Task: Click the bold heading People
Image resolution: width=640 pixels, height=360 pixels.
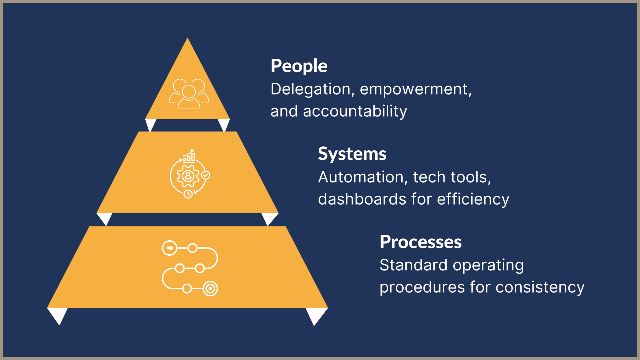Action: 299,66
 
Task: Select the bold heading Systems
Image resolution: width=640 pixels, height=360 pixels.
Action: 352,154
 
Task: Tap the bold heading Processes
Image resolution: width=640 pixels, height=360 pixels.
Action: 421,242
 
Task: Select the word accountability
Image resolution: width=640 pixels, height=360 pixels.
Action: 355,111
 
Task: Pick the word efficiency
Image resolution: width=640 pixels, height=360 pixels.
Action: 473,200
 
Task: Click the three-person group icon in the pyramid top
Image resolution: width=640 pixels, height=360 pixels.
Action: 189,94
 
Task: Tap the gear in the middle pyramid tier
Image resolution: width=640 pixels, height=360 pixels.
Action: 188,176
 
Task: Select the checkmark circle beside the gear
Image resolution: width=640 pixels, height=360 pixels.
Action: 206,175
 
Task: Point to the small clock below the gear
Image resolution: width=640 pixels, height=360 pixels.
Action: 188,194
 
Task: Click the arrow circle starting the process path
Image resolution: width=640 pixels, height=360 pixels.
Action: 170,248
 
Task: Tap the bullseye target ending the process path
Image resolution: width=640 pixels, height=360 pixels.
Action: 210,289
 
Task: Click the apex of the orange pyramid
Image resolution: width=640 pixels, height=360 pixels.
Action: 187,38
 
